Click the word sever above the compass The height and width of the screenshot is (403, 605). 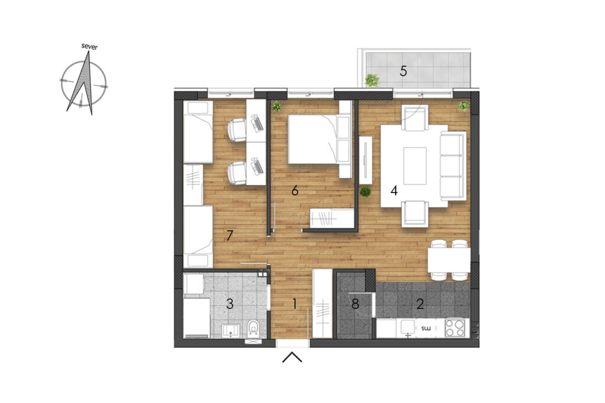(90, 47)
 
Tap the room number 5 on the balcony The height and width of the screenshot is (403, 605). (403, 71)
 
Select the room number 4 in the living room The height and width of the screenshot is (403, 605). (394, 190)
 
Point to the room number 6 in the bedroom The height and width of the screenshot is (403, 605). (295, 190)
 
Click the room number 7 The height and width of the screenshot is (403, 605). (230, 235)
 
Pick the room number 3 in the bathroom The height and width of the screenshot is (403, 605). (230, 304)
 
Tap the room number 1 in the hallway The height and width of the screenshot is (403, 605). (294, 304)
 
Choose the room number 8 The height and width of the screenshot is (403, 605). (355, 304)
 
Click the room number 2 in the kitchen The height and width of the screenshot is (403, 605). (420, 304)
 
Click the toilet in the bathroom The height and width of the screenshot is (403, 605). (253, 328)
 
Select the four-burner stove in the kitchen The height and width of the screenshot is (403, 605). (454, 328)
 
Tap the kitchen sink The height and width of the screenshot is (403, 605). (408, 329)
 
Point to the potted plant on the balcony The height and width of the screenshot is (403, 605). (372, 80)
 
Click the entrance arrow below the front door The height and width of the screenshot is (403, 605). (292, 357)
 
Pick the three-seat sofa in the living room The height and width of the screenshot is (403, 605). (453, 166)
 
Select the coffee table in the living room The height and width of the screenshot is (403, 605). (415, 166)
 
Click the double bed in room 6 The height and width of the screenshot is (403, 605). (320, 139)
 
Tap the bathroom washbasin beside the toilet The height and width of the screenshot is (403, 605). (231, 330)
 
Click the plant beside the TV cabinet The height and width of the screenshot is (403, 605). (365, 191)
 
